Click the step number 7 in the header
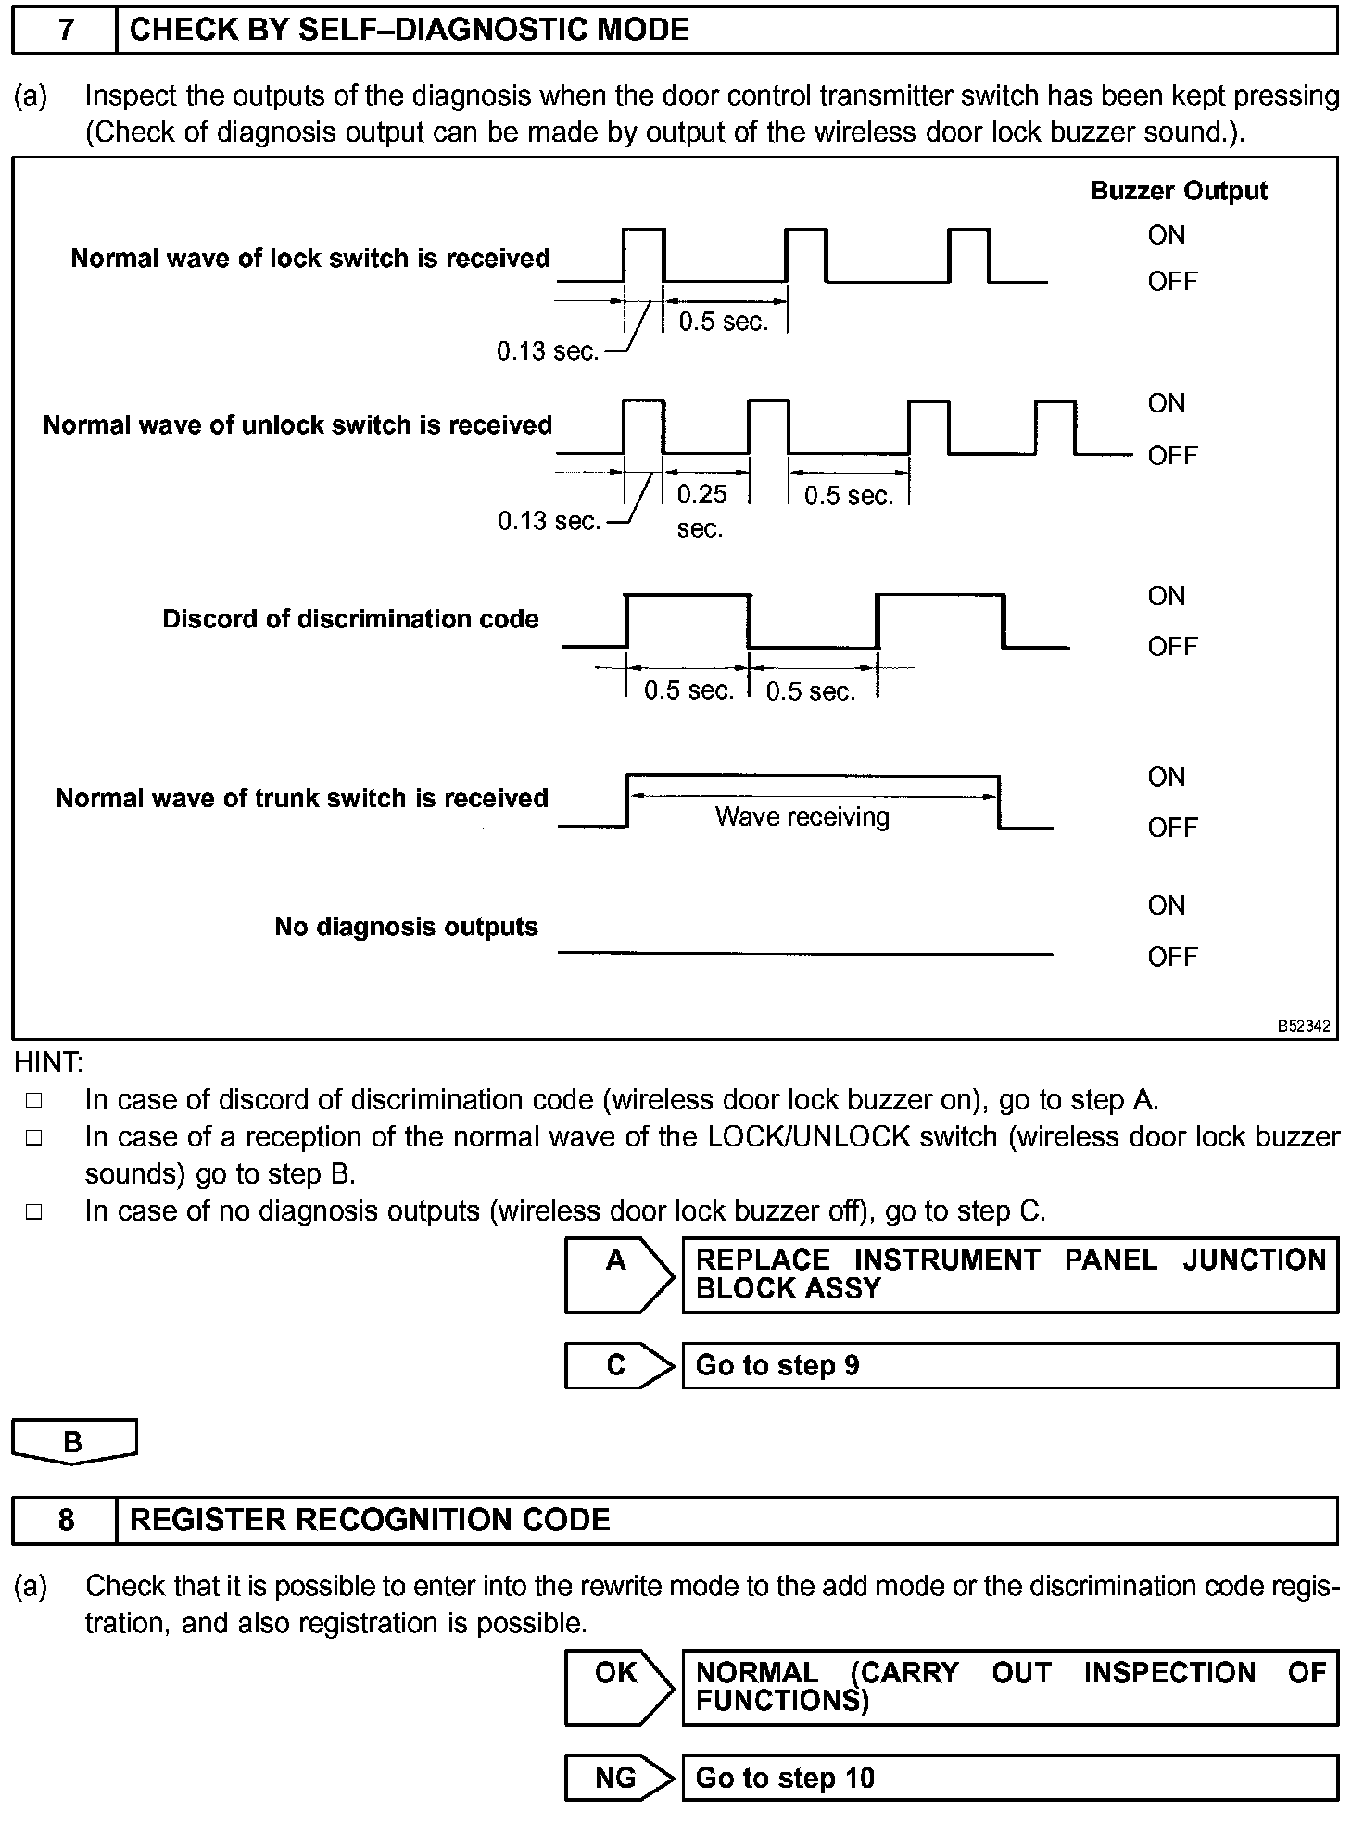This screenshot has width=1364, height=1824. [x=65, y=31]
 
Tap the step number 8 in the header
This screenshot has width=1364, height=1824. [x=65, y=1520]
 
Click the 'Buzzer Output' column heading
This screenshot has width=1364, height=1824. [x=1178, y=191]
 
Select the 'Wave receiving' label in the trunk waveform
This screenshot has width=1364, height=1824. [x=802, y=817]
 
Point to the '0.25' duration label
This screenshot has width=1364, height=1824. [x=701, y=494]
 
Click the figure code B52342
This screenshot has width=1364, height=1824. [x=1304, y=1026]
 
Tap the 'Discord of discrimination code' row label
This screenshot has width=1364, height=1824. [x=350, y=619]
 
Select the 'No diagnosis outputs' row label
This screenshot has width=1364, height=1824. [x=406, y=927]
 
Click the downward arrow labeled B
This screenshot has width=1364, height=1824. [x=74, y=1442]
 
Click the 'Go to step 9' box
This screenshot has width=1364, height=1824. [x=1010, y=1365]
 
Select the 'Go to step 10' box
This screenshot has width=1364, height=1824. [x=1010, y=1778]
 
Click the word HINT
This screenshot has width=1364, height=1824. [x=48, y=1062]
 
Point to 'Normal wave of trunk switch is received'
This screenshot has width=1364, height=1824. [x=302, y=798]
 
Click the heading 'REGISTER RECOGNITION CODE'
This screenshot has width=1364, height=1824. [x=370, y=1520]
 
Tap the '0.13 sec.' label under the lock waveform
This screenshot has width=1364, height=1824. [x=548, y=351]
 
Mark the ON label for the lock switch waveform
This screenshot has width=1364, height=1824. [x=1166, y=235]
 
